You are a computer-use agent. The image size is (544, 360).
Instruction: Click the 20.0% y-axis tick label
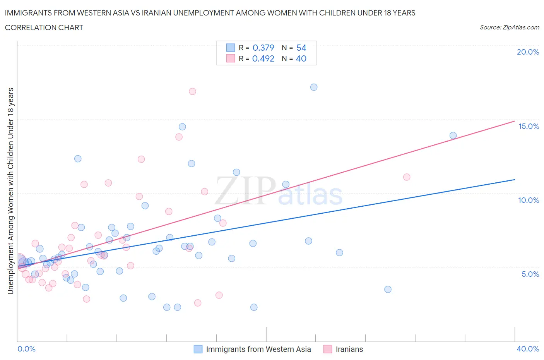(x=528, y=52)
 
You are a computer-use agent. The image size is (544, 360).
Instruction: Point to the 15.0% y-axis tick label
(x=529, y=126)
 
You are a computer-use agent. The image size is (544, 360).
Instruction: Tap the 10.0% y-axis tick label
(x=529, y=200)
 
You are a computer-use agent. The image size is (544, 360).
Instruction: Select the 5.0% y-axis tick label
(x=530, y=274)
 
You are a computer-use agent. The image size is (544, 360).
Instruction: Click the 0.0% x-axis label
(x=26, y=349)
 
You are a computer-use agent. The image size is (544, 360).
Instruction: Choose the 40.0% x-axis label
(x=528, y=349)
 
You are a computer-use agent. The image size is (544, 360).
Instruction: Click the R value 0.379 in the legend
(x=263, y=48)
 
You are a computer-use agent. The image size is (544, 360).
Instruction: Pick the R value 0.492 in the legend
(x=263, y=58)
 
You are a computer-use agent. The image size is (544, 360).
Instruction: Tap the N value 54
(x=301, y=48)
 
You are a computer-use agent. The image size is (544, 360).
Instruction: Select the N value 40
(x=301, y=58)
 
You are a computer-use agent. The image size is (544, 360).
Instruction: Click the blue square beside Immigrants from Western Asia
(x=198, y=349)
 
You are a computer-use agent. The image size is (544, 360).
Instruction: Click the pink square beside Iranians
(x=328, y=349)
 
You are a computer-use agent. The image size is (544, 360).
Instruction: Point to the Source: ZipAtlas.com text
(x=509, y=27)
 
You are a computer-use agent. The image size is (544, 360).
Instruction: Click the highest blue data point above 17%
(x=314, y=87)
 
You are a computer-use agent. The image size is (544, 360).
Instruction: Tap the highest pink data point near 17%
(x=192, y=91)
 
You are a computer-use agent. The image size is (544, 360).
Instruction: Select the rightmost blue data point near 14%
(x=453, y=135)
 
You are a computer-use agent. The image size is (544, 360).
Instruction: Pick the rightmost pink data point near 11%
(x=407, y=177)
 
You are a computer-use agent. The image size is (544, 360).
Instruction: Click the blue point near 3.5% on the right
(x=388, y=289)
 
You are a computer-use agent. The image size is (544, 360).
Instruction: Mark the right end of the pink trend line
(x=515, y=121)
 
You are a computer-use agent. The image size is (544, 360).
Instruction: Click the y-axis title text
(x=10, y=191)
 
